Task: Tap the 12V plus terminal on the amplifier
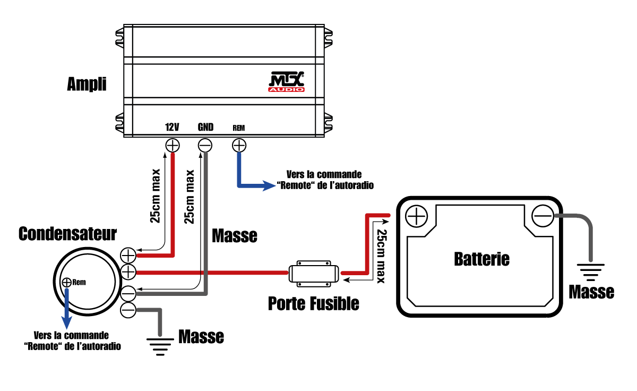click(x=173, y=144)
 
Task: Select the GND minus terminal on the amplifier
click(x=205, y=144)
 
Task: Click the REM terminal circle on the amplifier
click(x=239, y=144)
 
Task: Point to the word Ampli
click(x=87, y=84)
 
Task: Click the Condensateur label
click(x=68, y=234)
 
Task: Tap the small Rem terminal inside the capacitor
click(x=67, y=282)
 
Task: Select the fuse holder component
click(x=314, y=273)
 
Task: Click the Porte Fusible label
click(x=313, y=303)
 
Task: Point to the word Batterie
click(x=481, y=259)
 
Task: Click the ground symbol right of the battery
click(x=590, y=273)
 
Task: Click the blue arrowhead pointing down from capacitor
click(x=67, y=322)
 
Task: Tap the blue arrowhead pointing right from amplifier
click(x=269, y=186)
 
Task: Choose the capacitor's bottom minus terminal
click(x=128, y=310)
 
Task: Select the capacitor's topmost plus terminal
click(x=128, y=255)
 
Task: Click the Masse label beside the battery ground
click(x=591, y=292)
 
